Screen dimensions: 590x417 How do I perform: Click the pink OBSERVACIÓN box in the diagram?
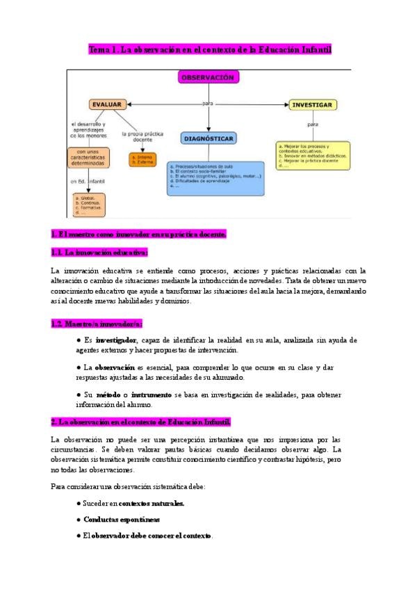(x=207, y=78)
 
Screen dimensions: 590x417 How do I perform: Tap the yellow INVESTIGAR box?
(x=313, y=105)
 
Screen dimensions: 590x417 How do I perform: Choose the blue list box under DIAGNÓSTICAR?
(x=215, y=177)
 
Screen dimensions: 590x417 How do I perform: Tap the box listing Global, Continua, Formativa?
(x=89, y=205)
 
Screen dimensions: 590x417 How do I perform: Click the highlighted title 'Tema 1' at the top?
(x=209, y=50)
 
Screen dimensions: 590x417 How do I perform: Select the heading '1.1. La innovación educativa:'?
(x=99, y=253)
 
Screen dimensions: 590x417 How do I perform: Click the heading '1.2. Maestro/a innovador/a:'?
(x=97, y=324)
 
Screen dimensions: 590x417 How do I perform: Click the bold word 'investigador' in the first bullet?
(x=115, y=340)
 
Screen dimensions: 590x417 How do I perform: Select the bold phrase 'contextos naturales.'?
(x=152, y=504)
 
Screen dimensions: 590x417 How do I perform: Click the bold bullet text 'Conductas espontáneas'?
(x=122, y=520)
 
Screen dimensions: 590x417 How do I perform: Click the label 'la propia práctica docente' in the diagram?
(x=142, y=136)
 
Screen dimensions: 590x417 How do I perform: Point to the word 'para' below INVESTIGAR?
(x=312, y=125)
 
